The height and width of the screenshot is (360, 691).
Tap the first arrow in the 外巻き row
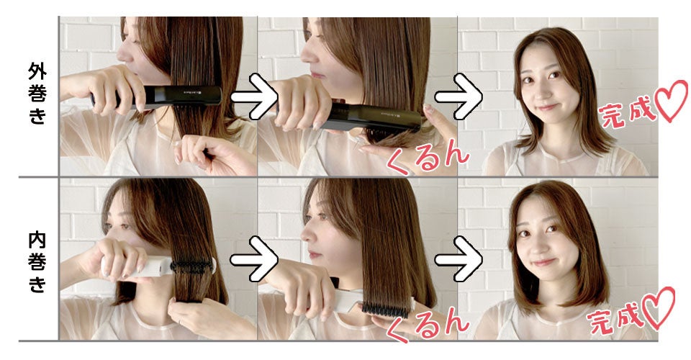tap(254, 96)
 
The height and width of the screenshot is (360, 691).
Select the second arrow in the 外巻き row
tap(459, 96)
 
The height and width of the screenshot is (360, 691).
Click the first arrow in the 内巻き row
tap(254, 259)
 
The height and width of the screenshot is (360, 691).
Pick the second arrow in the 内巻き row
tap(459, 259)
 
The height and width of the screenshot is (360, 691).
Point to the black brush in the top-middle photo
tap(370, 117)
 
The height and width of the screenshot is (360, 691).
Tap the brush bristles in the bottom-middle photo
tap(386, 308)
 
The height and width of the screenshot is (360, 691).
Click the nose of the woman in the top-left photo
tap(123, 54)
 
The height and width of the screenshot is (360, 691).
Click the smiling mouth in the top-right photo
tap(547, 107)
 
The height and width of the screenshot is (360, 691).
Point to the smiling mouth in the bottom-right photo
tap(544, 262)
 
